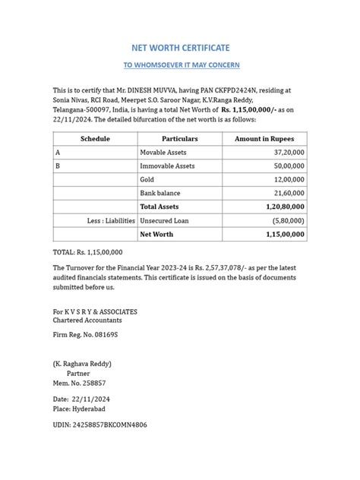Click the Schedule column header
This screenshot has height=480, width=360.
[x=95, y=139]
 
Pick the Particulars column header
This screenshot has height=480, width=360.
[x=179, y=139]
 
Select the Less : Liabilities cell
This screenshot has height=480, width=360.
[x=111, y=220]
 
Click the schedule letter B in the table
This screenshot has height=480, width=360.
[x=58, y=166]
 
